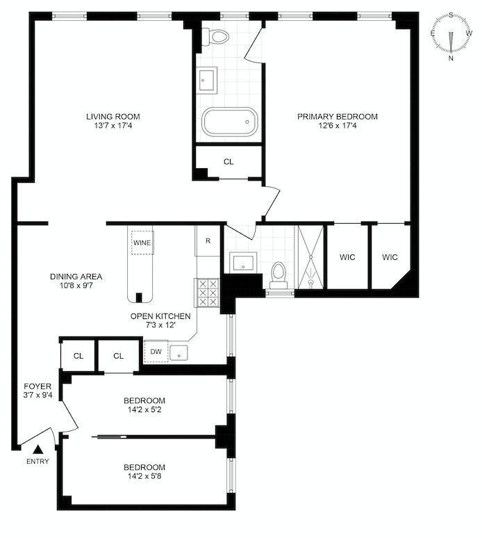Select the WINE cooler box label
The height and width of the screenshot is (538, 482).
pyautogui.click(x=142, y=243)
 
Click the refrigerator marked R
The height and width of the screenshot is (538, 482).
pyautogui.click(x=208, y=241)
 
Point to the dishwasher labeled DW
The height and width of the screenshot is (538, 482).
pyautogui.click(x=156, y=352)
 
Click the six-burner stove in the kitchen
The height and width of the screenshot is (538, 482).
pyautogui.click(x=208, y=293)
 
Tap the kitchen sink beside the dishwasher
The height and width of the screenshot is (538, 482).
pyautogui.click(x=179, y=352)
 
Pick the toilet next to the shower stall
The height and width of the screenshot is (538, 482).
pyautogui.click(x=279, y=275)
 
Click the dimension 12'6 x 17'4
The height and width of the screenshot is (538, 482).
pyautogui.click(x=338, y=127)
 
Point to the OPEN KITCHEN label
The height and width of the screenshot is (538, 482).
pyautogui.click(x=160, y=316)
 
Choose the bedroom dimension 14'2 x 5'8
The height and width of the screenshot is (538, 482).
pyautogui.click(x=144, y=476)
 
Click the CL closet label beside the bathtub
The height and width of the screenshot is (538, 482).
pyautogui.click(x=228, y=161)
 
